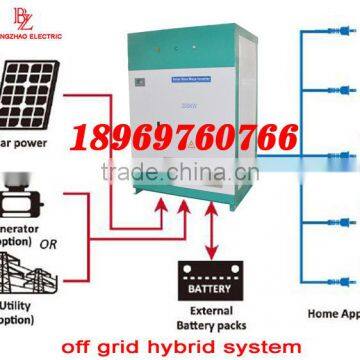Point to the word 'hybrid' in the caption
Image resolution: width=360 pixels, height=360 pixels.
(194, 347)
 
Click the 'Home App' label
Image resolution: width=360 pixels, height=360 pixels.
(328, 312)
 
